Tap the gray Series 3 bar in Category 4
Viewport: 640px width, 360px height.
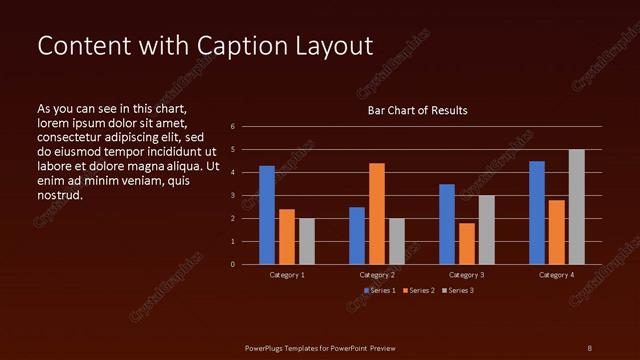[x=577, y=207]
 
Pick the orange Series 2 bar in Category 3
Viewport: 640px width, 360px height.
[x=467, y=243]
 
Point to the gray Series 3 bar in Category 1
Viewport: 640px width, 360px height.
[x=307, y=241]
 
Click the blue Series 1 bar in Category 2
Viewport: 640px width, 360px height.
[x=357, y=235]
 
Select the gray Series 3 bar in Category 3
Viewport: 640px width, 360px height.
[x=487, y=229]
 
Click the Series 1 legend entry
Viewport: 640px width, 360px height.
[x=380, y=290]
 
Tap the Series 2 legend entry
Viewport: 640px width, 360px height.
[x=421, y=290]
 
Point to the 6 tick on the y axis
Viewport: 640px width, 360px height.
[x=232, y=127]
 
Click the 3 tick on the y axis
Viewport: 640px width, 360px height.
[x=232, y=196]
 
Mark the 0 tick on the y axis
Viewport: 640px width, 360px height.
[x=232, y=265]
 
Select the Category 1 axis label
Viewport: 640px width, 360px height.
[x=287, y=274]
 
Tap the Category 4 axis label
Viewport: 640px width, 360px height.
[x=557, y=274]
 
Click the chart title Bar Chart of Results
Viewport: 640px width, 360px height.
[x=417, y=110]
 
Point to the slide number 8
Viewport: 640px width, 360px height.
[x=589, y=347]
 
